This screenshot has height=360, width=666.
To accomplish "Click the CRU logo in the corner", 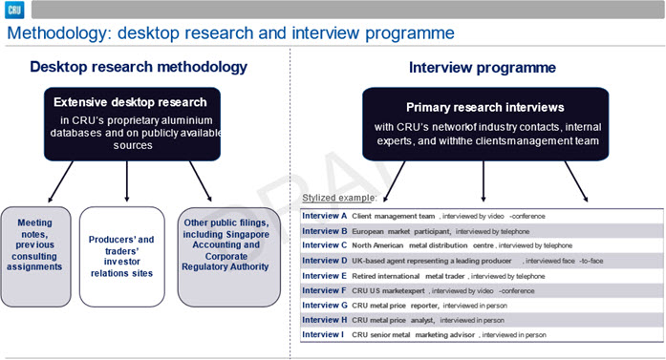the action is click(x=14, y=10).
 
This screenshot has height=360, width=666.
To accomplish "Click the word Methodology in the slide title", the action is click(x=58, y=33).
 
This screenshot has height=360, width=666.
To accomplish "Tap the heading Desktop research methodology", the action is click(x=139, y=67).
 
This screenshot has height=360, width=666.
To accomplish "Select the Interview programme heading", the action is click(x=483, y=68).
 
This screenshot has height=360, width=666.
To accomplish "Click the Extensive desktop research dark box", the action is click(x=132, y=124).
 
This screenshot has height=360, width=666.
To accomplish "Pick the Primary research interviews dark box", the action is click(x=485, y=124).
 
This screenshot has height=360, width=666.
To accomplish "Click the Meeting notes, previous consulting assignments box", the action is click(x=35, y=257).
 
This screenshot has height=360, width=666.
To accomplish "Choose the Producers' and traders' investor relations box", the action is click(x=122, y=257).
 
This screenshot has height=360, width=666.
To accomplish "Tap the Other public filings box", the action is click(x=229, y=257).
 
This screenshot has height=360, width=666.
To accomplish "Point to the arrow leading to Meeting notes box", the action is click(x=60, y=181).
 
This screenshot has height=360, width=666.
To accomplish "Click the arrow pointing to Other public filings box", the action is click(x=201, y=181).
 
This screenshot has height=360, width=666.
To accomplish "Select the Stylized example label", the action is click(x=339, y=198).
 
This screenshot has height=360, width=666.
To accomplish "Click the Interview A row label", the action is click(x=325, y=216).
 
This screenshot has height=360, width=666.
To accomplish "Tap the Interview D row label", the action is click(x=325, y=261).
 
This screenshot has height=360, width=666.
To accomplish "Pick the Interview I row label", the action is click(x=323, y=334).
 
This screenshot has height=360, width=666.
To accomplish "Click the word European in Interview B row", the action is click(x=368, y=231).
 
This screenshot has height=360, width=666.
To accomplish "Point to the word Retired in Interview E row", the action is click(x=364, y=276).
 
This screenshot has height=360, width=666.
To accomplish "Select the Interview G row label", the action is click(x=325, y=306).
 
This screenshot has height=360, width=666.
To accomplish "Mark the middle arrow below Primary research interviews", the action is click(x=483, y=181).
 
